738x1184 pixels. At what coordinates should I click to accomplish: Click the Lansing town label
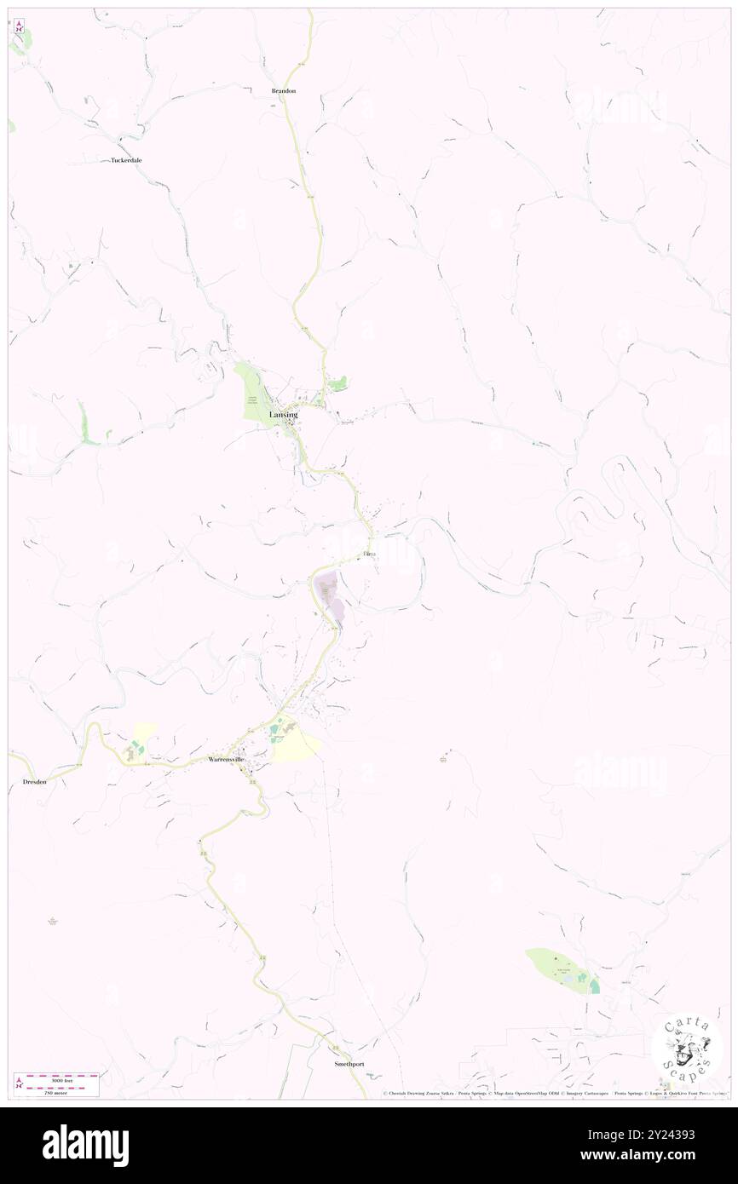point(283,415)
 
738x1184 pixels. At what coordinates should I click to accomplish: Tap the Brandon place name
point(283,90)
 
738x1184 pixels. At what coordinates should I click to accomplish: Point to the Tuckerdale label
point(126,160)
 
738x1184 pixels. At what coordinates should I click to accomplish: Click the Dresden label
point(28,781)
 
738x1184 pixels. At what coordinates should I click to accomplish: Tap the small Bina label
point(370,555)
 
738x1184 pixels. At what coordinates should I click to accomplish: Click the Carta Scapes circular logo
point(686,1047)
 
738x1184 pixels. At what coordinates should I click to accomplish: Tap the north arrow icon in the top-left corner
point(19,26)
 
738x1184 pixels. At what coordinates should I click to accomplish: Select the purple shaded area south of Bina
point(331,597)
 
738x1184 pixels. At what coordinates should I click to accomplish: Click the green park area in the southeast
point(559,968)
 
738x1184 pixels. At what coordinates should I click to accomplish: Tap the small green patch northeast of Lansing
point(338,384)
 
